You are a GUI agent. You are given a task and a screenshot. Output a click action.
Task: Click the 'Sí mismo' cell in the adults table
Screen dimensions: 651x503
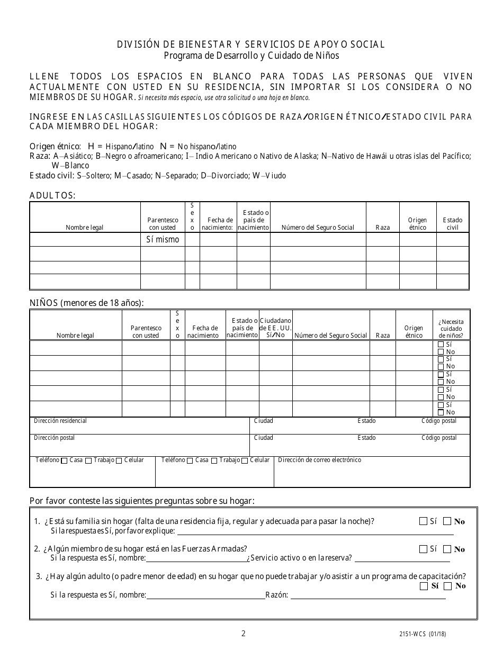pos(163,240)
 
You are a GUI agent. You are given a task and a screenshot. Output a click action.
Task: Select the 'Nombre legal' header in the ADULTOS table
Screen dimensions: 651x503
pos(85,228)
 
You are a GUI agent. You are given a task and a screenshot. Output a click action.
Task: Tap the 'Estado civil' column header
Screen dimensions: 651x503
pos(453,224)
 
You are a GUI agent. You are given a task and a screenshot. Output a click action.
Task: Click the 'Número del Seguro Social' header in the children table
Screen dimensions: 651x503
pos(330,336)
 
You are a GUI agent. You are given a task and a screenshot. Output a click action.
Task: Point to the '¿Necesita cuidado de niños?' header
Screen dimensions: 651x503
pos(451,329)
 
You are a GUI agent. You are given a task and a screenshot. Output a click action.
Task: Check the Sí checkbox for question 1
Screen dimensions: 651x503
pos(423,521)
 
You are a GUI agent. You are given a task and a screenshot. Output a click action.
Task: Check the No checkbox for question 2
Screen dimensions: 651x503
pos(447,549)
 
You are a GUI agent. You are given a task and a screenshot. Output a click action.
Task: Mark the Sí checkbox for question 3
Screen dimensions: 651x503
pos(423,586)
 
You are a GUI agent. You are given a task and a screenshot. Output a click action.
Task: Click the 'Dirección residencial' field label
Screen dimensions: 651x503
pos(60,421)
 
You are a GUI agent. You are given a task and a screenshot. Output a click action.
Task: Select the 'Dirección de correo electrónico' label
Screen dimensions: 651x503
pos(319,460)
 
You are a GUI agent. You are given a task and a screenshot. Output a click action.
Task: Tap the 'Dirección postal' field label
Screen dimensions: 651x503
pos(55,438)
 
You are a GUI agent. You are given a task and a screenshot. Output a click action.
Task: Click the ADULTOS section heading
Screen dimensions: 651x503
pos(52,196)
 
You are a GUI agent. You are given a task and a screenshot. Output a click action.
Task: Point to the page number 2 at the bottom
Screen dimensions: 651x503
pos(243,634)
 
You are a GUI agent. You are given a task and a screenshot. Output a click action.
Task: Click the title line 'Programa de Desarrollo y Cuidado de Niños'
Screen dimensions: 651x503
pos(251,56)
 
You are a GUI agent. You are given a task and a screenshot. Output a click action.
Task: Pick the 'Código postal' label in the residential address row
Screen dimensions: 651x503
pos(438,421)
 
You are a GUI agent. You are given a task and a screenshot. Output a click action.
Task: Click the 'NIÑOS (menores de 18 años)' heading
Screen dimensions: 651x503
pos(86,303)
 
